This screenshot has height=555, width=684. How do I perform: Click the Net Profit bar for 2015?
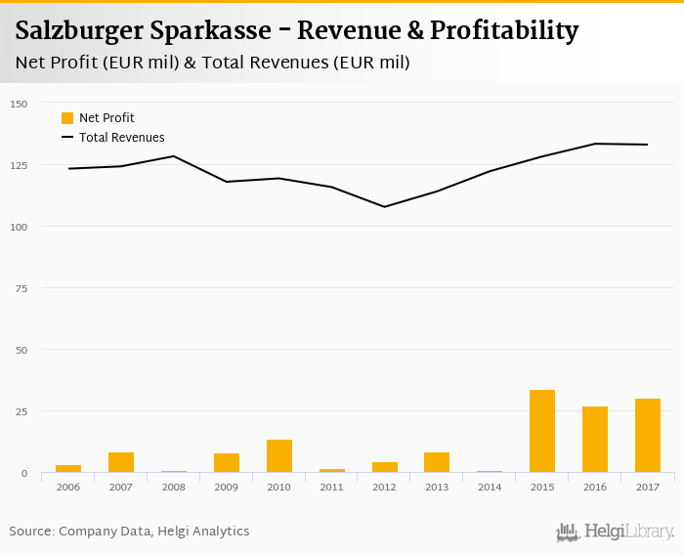542,431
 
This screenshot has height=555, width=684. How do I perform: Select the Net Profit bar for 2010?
279,456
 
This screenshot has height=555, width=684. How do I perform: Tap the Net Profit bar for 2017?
648,436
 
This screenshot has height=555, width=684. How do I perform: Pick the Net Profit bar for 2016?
595,440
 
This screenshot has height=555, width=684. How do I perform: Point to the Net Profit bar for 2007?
121,462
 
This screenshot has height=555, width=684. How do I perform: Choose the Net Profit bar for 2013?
437,462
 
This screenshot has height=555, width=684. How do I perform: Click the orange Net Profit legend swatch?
67,118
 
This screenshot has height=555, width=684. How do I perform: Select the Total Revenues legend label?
122,138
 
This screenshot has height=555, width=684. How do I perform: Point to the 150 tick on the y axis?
20,104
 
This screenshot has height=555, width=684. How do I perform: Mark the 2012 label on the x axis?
384,487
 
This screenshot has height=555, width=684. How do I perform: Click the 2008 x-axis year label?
174,487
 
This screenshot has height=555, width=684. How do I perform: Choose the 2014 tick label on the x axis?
490,487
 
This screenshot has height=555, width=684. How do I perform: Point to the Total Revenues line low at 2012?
384,206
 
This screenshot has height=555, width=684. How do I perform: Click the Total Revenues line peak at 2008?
174,156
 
